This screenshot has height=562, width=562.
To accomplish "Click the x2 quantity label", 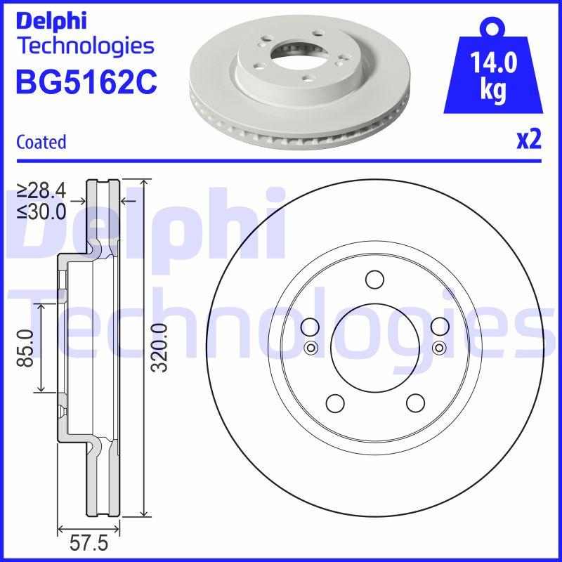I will [x=528, y=140].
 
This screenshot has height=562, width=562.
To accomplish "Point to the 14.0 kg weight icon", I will [x=492, y=73].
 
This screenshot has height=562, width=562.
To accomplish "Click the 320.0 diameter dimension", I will [x=159, y=348].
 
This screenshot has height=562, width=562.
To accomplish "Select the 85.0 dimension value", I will [x=26, y=348].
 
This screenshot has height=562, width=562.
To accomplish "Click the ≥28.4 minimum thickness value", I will [x=41, y=189].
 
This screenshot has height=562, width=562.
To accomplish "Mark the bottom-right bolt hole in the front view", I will [x=415, y=403].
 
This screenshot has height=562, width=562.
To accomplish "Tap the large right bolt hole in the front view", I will [x=440, y=327].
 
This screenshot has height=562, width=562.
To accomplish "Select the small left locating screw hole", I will [x=311, y=346].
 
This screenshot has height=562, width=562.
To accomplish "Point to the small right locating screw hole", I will [x=439, y=346].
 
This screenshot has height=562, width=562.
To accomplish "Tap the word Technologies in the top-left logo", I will [x=84, y=46].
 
